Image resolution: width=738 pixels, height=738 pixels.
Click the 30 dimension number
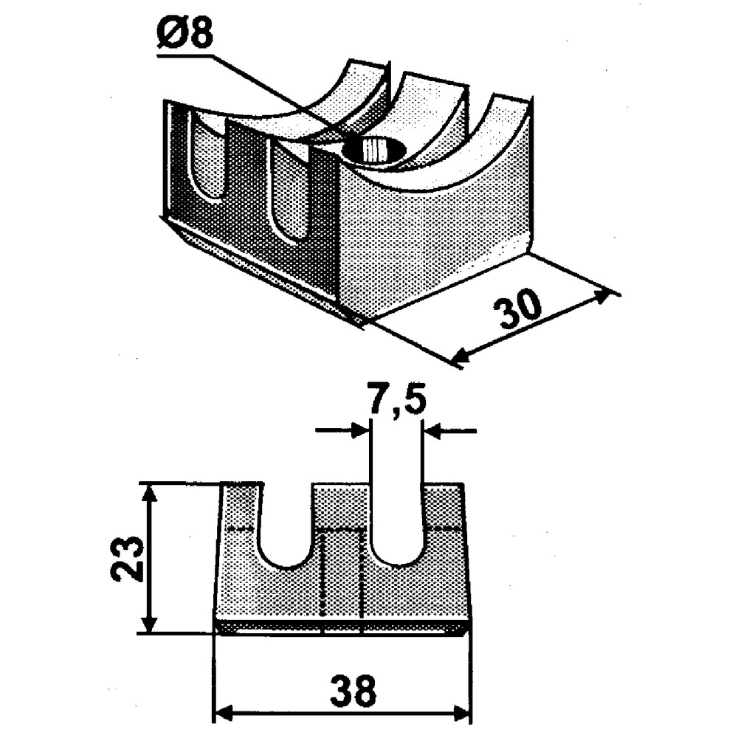pos(520,311)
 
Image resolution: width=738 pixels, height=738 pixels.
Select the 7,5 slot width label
pos(396,403)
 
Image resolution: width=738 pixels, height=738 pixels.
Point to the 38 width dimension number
pos(353,692)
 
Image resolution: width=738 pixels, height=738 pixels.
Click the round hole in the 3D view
pos(375,149)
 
